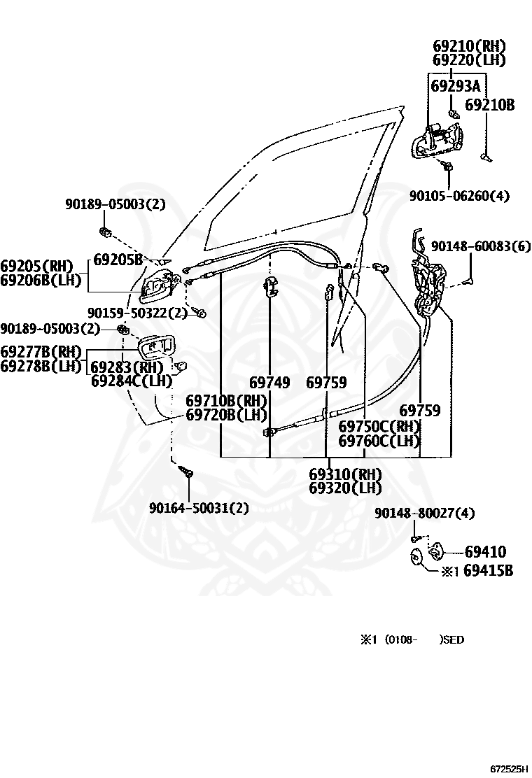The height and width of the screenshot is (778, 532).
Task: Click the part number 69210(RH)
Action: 469,46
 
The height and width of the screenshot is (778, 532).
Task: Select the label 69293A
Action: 456,86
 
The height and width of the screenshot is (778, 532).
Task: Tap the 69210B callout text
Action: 489,105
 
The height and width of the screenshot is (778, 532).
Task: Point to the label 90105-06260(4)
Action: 459,195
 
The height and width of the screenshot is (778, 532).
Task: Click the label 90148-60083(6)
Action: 481,246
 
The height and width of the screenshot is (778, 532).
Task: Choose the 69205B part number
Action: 118,260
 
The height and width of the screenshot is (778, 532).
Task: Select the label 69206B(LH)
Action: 41,280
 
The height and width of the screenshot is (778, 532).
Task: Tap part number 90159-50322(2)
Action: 137,313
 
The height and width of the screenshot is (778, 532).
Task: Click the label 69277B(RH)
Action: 41,352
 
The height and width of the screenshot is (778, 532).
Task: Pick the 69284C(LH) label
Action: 132,381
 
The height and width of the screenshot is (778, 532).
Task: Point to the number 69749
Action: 269,383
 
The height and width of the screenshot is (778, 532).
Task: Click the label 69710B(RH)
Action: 226,400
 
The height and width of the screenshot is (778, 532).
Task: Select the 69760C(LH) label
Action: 379,441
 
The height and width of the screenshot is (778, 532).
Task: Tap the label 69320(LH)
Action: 345,488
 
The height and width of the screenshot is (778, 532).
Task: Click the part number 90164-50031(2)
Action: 199,508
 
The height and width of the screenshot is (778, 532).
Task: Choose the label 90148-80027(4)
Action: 425,514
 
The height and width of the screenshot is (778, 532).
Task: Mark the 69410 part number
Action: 485,552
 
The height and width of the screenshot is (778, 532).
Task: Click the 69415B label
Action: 489,571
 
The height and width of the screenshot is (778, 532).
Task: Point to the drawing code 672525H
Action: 509,769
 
